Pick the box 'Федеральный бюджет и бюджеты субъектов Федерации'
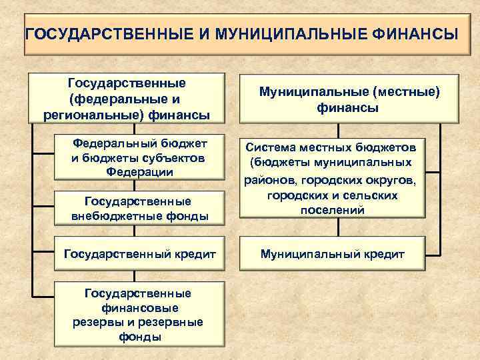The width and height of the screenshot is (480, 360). (140, 157)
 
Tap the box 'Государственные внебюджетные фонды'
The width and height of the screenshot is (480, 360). (140, 209)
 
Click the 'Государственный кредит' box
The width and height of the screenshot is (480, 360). (140, 254)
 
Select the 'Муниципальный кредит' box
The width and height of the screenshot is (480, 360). (332, 254)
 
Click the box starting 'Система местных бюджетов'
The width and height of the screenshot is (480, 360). (332, 178)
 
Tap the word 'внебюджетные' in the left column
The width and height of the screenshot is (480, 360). (121, 216)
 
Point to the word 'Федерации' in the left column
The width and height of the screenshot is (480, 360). (140, 172)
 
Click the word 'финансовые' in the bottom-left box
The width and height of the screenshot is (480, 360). (140, 308)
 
